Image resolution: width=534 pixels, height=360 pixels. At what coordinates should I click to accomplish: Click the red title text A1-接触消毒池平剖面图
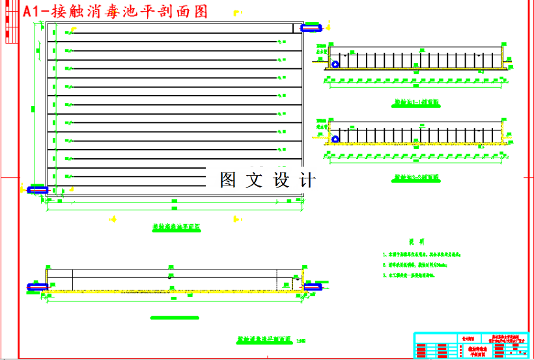115,11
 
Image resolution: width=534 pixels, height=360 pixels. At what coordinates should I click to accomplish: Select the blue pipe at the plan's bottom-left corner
36,189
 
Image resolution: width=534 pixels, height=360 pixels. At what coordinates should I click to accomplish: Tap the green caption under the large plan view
175,228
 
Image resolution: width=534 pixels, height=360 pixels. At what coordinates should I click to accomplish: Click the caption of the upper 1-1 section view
417,103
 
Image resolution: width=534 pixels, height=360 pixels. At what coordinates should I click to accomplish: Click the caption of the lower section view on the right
417,177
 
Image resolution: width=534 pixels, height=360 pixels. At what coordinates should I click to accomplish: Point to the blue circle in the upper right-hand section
335,64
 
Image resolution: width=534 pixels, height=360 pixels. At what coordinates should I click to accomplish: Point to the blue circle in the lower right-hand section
335,139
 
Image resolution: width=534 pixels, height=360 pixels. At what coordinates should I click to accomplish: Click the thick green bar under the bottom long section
174,318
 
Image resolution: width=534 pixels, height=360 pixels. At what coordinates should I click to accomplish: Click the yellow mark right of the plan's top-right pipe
326,29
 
